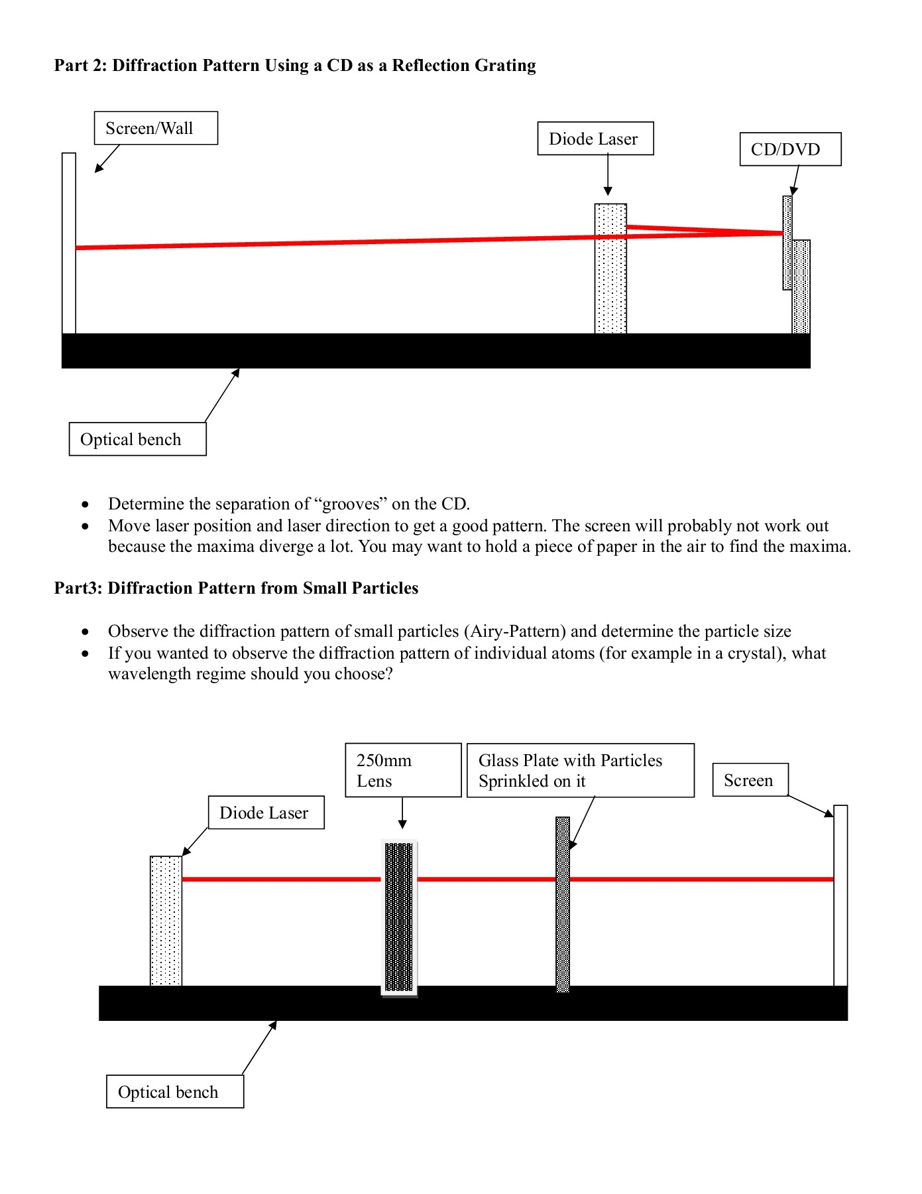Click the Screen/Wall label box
[x=156, y=128]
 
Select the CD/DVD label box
[x=790, y=149]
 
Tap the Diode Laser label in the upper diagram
[x=595, y=139]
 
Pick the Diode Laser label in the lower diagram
[x=266, y=813]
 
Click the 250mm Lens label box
[x=403, y=770]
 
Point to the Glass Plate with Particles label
[x=580, y=770]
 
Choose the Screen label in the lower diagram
[x=750, y=780]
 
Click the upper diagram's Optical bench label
[x=137, y=439]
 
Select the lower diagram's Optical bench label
[x=174, y=1092]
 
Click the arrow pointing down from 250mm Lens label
[x=402, y=813]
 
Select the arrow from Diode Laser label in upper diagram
[x=608, y=176]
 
